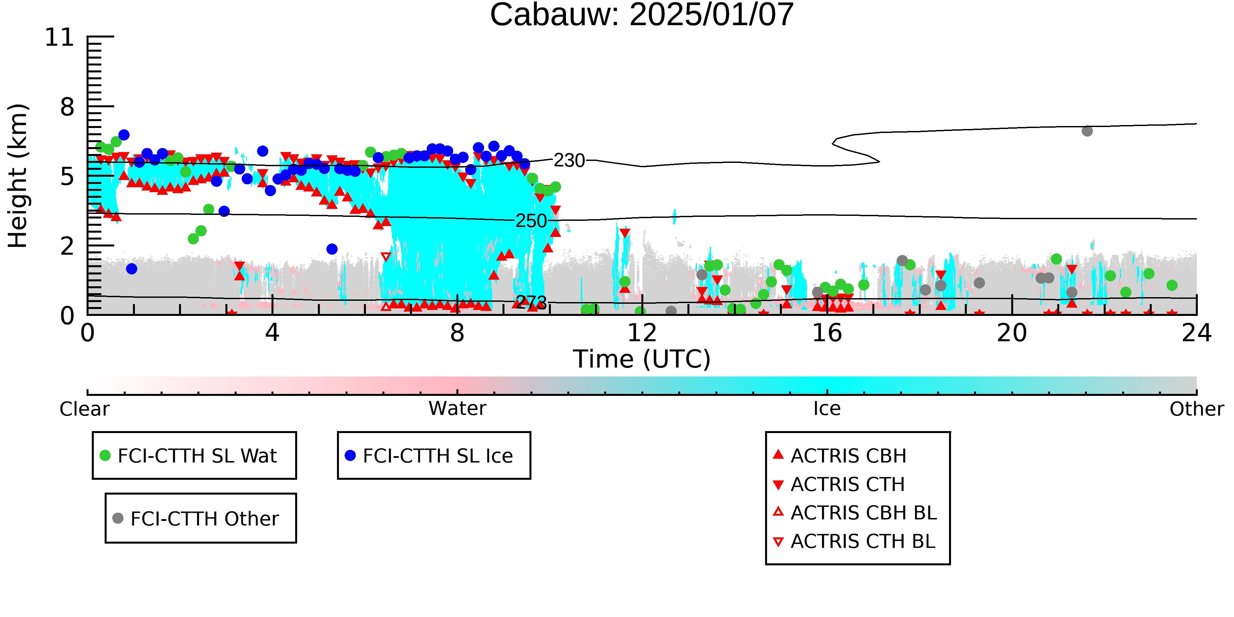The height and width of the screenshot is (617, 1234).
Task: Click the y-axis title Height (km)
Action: pos(18,176)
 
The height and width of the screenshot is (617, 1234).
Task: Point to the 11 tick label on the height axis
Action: pos(60,38)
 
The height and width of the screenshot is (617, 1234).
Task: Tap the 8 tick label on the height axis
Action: pos(67,107)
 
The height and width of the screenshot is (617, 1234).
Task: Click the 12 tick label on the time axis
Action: pos(642,333)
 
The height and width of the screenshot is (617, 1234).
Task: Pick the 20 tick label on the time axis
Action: pos(1012,333)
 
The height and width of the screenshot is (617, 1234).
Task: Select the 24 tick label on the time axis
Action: pos(1196,333)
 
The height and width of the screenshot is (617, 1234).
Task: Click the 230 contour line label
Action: pos(569,161)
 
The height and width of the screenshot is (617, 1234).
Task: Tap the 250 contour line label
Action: pos(531,221)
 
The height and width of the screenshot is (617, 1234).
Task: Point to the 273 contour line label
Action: pos(531,302)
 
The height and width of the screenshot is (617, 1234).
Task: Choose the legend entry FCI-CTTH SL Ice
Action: pos(429,455)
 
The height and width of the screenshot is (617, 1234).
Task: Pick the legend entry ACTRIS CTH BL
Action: pos(854,541)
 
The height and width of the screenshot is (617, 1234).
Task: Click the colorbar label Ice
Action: pos(827,409)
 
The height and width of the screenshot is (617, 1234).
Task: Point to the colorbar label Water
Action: pos(457,409)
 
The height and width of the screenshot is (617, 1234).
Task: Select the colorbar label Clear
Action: pos(85,409)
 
